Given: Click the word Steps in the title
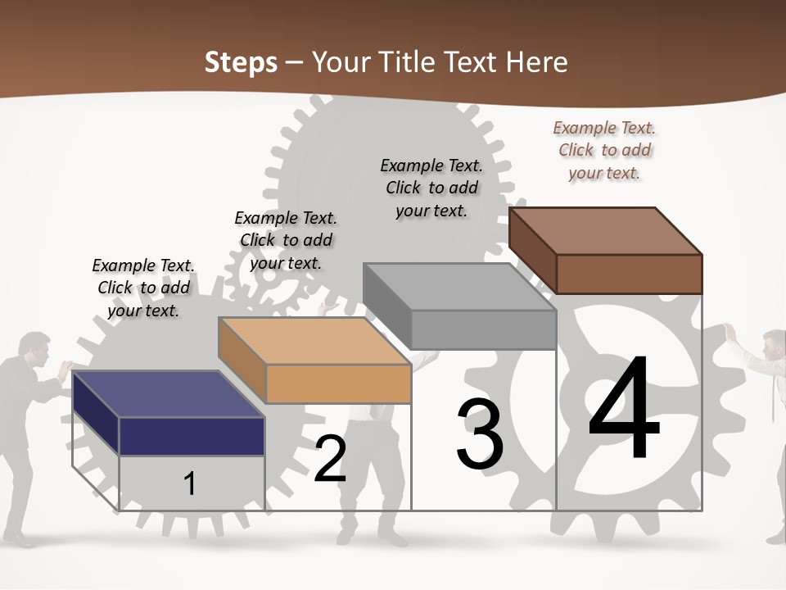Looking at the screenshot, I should click(x=241, y=62).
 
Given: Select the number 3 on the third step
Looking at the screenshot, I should click(x=480, y=434).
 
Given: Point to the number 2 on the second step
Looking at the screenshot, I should click(x=330, y=459).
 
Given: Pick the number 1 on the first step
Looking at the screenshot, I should click(x=190, y=483).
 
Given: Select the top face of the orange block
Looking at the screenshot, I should click(x=314, y=341).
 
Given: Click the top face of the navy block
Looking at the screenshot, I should click(x=169, y=394).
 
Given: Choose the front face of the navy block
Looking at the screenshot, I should click(x=192, y=436).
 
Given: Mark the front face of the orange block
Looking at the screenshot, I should click(x=338, y=383).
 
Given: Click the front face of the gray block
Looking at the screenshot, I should click(x=484, y=329).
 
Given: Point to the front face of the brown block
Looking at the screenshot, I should click(x=629, y=274).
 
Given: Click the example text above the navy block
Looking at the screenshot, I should click(x=143, y=288).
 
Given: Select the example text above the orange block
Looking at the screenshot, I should click(x=286, y=240).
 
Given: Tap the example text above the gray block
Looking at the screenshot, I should click(x=431, y=188).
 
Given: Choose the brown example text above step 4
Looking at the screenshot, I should click(x=604, y=150).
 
